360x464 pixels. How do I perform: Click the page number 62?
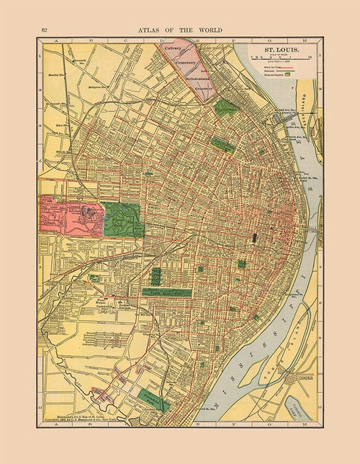pos(45,30)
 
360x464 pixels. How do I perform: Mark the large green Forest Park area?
pos(123,219)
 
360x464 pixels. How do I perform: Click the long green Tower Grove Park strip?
pos(166,293)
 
